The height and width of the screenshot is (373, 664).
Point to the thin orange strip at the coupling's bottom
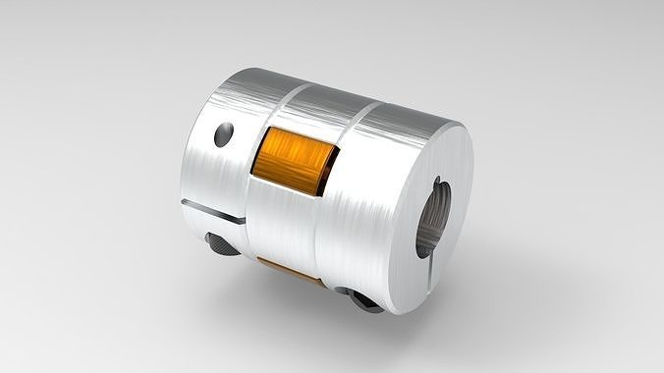[291, 263]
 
